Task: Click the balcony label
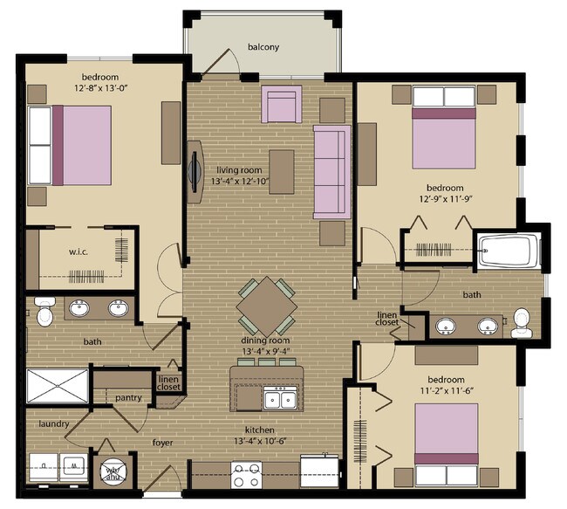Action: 263,47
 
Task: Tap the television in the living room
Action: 193,171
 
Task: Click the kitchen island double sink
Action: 280,399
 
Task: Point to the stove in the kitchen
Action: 246,475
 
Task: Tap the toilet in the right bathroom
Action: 522,322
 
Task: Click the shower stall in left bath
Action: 57,386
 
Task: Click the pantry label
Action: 128,397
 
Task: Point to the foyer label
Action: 161,443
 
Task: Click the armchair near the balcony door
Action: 282,105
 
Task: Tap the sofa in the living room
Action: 331,171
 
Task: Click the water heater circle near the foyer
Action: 113,472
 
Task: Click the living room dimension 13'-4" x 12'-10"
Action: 240,182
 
